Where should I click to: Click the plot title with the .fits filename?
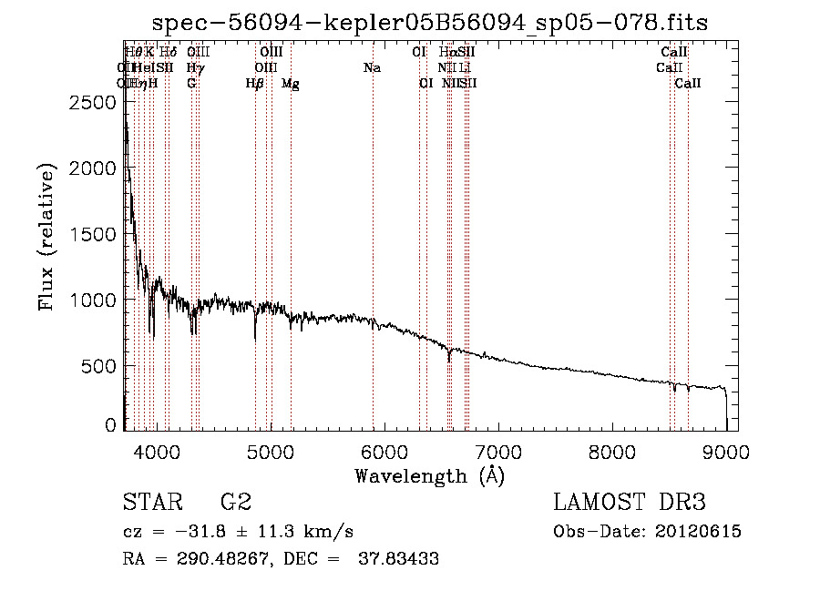(430, 22)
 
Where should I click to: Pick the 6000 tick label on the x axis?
(384, 450)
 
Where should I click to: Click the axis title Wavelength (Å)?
(429, 475)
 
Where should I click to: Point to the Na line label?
(372, 68)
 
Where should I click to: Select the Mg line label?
(290, 84)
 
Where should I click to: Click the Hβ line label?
(254, 84)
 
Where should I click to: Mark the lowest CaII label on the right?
(688, 84)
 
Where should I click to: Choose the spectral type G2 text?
(235, 503)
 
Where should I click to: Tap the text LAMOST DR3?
(630, 503)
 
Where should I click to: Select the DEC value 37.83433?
(400, 559)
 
